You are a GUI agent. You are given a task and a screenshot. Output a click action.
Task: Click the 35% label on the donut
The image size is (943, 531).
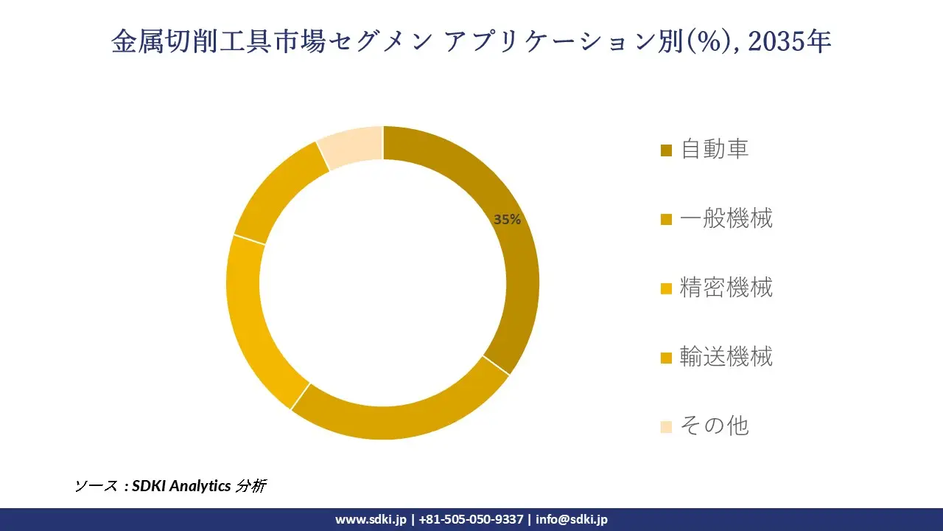(x=507, y=219)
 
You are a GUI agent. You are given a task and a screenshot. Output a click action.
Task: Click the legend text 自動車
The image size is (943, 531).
(x=714, y=149)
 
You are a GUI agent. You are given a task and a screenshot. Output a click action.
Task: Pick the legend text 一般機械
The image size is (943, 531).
(x=726, y=218)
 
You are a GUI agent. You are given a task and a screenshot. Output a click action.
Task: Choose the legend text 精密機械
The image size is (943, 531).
(x=726, y=287)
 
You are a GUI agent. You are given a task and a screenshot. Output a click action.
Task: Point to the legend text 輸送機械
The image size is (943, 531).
(x=726, y=356)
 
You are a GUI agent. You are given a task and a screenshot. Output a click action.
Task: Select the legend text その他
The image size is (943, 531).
(x=714, y=426)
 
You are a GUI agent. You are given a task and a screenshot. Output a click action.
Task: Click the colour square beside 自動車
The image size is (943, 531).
(x=666, y=150)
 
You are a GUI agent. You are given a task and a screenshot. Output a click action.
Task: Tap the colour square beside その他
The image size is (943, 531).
(x=666, y=427)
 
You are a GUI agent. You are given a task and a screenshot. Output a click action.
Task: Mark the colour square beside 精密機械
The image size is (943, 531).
(x=666, y=288)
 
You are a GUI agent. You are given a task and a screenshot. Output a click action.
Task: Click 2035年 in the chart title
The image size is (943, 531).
(x=789, y=42)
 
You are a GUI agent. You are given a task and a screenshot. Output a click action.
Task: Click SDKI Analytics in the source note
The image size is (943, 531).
(x=181, y=486)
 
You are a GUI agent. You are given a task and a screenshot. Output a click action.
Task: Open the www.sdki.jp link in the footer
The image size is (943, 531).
(x=371, y=519)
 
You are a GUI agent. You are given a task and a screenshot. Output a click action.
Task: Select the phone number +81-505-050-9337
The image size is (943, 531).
(x=471, y=519)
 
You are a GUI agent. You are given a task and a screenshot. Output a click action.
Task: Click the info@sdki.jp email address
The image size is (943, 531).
(x=572, y=519)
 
